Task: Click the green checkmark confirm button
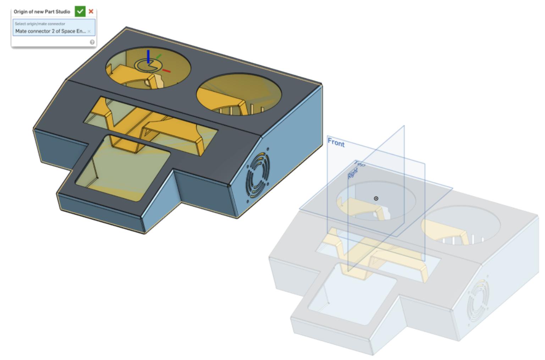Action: (80, 11)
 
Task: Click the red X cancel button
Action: (91, 11)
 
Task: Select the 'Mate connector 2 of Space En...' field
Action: (50, 31)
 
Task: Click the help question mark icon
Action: (92, 42)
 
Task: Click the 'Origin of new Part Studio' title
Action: (42, 12)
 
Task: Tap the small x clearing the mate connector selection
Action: (89, 32)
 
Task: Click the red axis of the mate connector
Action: (166, 71)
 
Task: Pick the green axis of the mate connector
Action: (159, 56)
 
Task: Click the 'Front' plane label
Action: (336, 143)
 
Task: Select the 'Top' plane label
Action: (359, 164)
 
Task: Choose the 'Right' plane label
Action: (353, 173)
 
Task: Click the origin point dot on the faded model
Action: (376, 199)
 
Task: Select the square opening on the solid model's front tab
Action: (122, 170)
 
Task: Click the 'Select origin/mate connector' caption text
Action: (40, 24)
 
